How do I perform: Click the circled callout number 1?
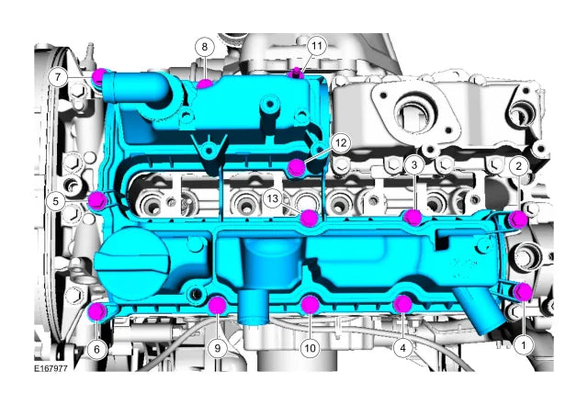coord(523,344)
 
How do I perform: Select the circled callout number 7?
coord(58,78)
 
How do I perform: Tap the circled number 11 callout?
coord(317,46)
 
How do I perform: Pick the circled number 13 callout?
coord(273,198)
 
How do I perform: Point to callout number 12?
coord(341,143)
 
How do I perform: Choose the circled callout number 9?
coord(218,348)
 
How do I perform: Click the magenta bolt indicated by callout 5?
coord(98,200)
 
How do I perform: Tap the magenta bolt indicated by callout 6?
coord(96,311)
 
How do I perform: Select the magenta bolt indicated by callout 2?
coord(518,219)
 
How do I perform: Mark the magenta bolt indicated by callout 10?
coord(311,304)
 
